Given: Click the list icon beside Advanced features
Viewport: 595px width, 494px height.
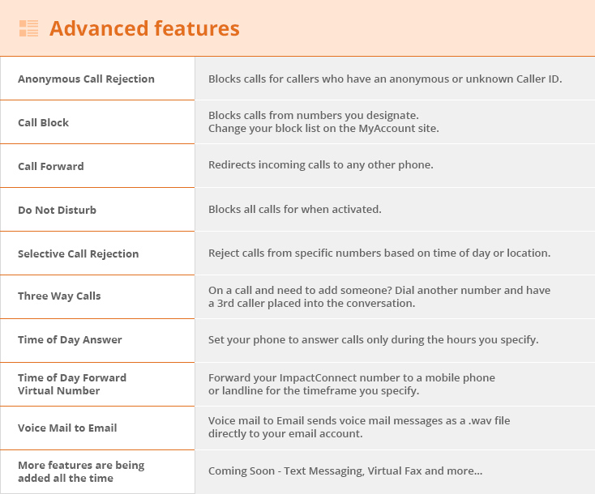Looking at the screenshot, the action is coord(29,28).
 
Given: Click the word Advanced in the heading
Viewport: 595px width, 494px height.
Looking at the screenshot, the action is coord(99,28).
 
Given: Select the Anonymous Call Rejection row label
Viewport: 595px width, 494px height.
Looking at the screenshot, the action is coord(86,79).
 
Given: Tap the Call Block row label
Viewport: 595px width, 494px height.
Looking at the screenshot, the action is coord(43,122).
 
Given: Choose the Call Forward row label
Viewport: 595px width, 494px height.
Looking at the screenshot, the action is coord(51,166).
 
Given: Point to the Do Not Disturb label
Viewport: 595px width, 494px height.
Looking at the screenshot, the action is coord(57,210).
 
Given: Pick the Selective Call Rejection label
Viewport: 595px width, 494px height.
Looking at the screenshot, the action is coord(78,253).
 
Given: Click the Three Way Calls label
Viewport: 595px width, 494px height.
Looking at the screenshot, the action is coord(59,296).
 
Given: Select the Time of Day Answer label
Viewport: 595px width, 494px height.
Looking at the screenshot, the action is coord(70,339).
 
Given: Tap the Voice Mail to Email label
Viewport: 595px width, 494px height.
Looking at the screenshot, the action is coord(67,428).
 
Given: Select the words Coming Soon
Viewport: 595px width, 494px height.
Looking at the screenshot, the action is coord(242,471).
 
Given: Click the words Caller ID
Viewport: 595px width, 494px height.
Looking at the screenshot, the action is coord(539,79).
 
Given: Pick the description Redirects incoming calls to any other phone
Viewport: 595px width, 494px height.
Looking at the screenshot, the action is coord(321,165).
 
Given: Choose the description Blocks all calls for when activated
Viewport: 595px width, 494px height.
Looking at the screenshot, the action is coord(295,209).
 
